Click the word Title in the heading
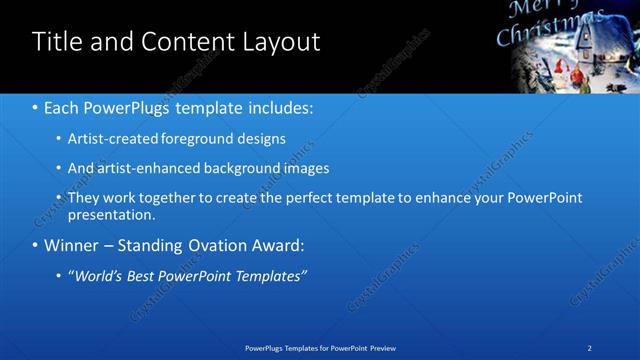[x=55, y=42]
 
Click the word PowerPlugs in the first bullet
[x=123, y=106]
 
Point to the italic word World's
[x=99, y=275]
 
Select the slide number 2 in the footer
[x=590, y=348]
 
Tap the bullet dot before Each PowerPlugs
[x=35, y=107]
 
